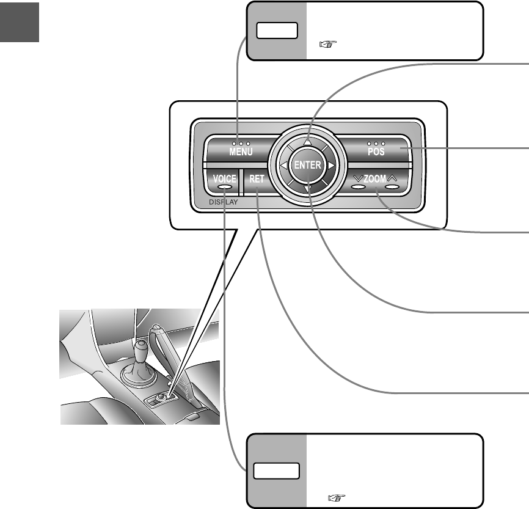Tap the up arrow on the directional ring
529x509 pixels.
(x=308, y=142)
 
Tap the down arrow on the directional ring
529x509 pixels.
(x=307, y=189)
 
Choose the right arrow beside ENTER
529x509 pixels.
(x=330, y=166)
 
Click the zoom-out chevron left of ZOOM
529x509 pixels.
(x=357, y=178)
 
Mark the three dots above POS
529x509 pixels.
(x=376, y=144)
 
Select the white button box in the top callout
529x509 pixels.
(x=277, y=31)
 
